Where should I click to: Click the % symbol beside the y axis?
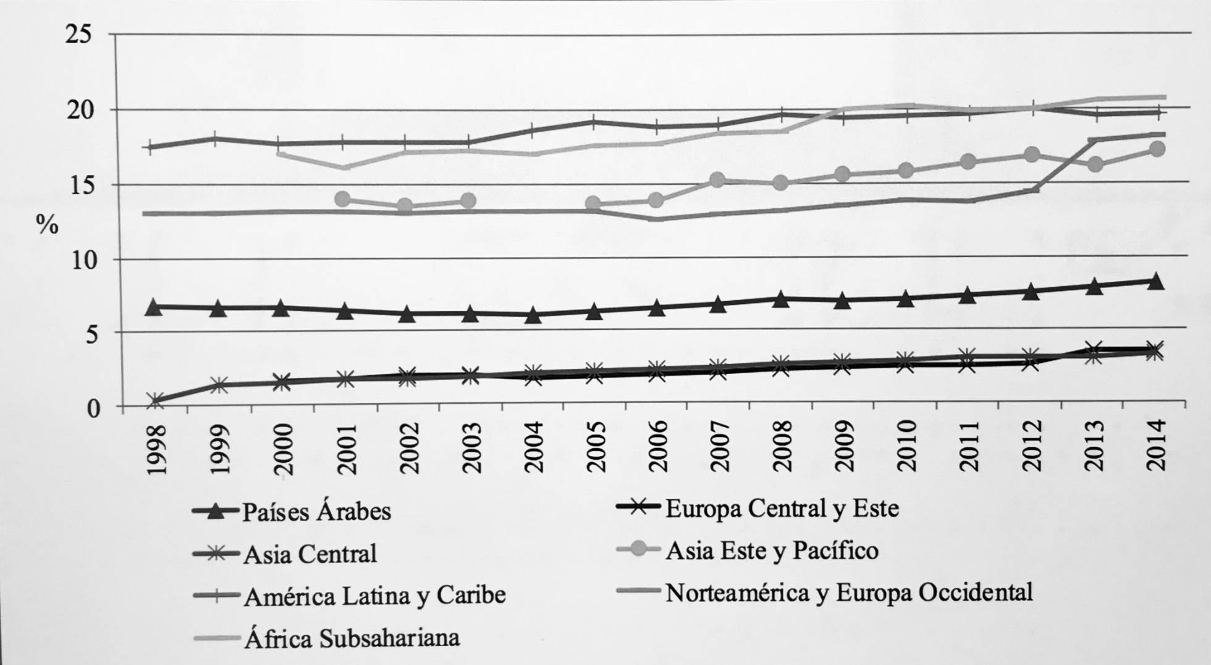click(47, 224)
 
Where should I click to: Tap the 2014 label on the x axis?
click(1157, 445)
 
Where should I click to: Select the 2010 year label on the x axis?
click(907, 446)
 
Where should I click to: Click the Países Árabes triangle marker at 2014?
click(1157, 282)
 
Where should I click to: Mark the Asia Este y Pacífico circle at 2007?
click(717, 180)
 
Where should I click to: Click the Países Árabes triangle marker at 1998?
click(154, 307)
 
